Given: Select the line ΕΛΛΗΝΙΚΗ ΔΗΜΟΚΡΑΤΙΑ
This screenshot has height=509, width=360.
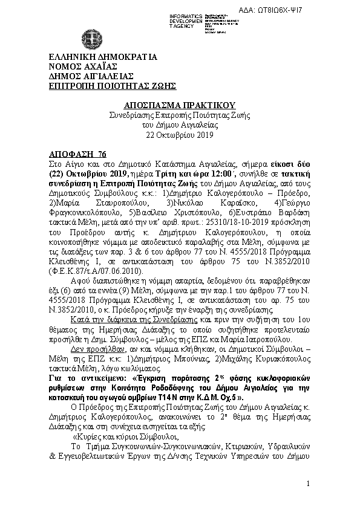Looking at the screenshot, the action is click(x=103, y=58).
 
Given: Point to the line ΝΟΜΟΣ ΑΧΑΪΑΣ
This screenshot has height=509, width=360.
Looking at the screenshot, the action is click(x=83, y=67).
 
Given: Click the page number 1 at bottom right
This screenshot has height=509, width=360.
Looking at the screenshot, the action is click(x=308, y=484).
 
